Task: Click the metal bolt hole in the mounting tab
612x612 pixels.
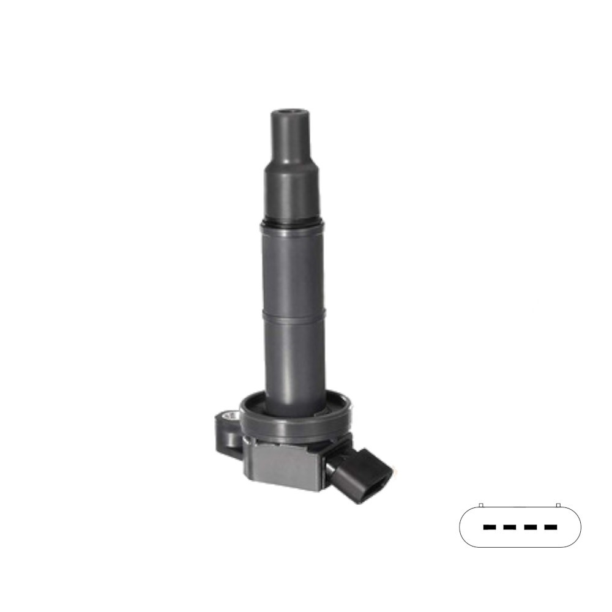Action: pos(232,417)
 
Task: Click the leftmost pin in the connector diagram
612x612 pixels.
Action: pos(489,526)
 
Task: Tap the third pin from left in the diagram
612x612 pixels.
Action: pos(531,526)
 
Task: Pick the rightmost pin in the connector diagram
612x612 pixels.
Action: pos(551,526)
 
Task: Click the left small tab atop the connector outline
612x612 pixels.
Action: pos(481,505)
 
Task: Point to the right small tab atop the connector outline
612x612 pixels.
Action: pos(558,505)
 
